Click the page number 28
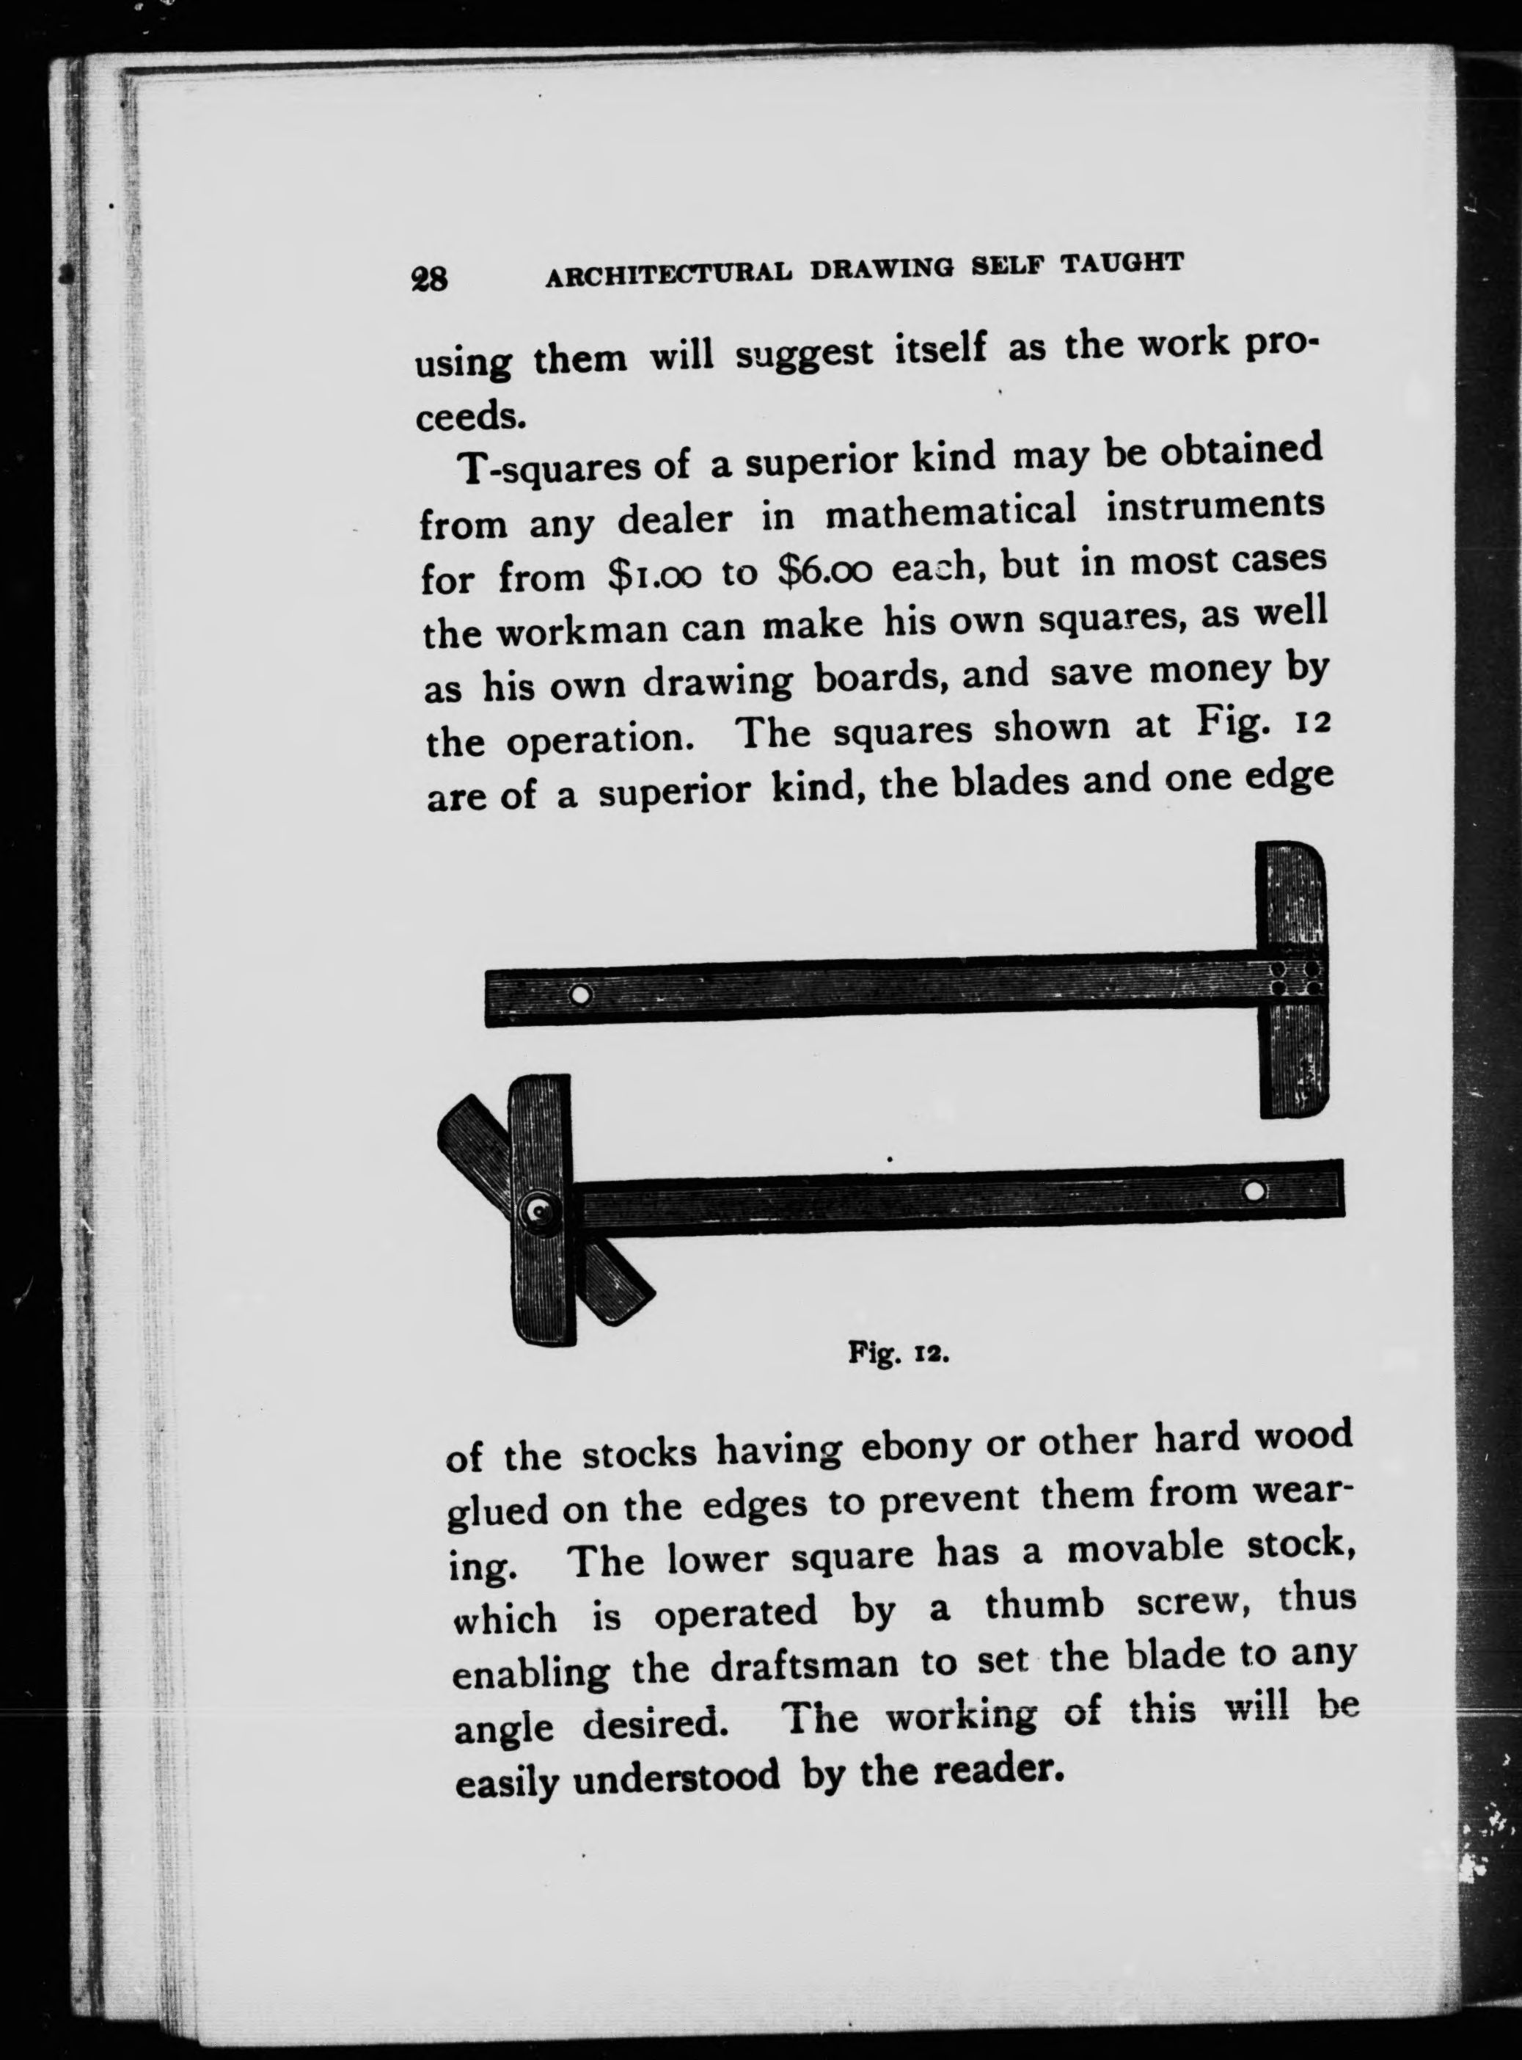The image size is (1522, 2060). pos(429,277)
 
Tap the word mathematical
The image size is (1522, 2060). pos(950,512)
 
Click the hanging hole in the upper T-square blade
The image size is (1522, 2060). pos(580,995)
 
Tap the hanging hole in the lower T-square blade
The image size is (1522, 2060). pos(1253,1191)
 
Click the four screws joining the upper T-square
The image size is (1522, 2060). pos(1295,980)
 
